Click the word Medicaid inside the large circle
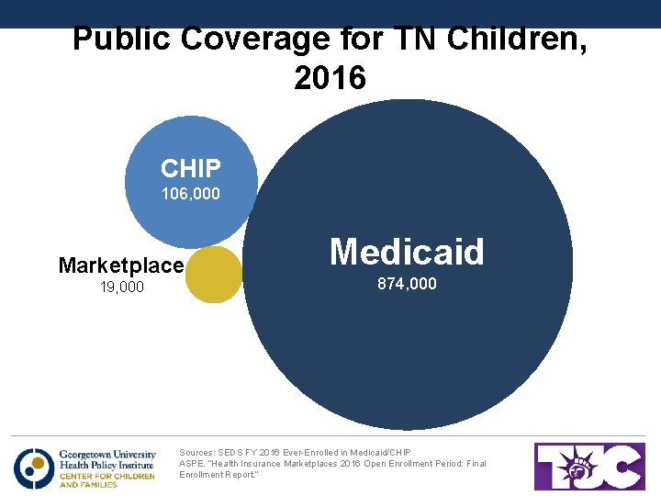(407, 251)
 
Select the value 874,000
(407, 285)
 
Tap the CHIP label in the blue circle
(190, 168)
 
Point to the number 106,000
(190, 194)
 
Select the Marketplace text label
(120, 265)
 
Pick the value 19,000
(120, 287)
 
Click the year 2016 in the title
(330, 78)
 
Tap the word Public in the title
(122, 39)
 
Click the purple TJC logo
(589, 466)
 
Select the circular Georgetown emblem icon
(34, 468)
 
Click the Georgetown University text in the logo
(106, 454)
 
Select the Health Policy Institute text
(106, 465)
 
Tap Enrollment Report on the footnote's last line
(218, 475)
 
